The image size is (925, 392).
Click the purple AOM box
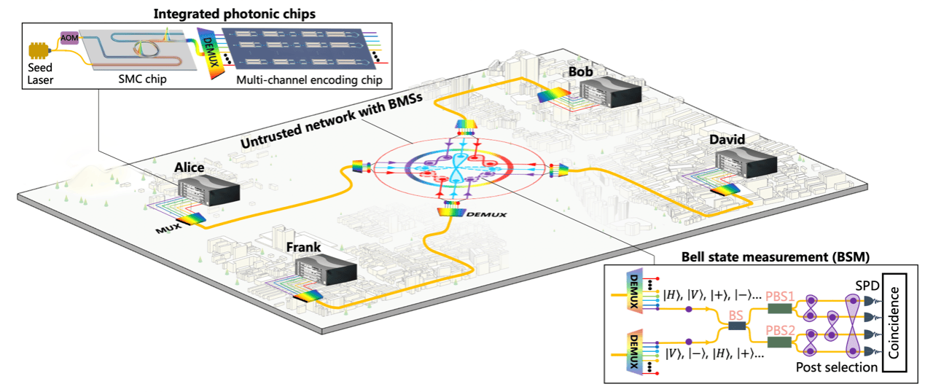pyautogui.click(x=69, y=38)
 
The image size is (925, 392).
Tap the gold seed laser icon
pyautogui.click(x=39, y=51)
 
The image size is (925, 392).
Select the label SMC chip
pyautogui.click(x=142, y=79)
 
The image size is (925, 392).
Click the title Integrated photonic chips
pyautogui.click(x=234, y=14)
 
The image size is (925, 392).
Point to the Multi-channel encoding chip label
pyautogui.click(x=309, y=79)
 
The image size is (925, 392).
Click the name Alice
pyautogui.click(x=189, y=167)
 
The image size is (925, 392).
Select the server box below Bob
pyautogui.click(x=610, y=93)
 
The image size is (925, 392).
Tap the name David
pyautogui.click(x=727, y=139)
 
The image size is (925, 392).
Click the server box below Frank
pyautogui.click(x=327, y=270)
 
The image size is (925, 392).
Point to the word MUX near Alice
pyautogui.click(x=168, y=229)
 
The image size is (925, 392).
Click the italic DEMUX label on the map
pyautogui.click(x=486, y=214)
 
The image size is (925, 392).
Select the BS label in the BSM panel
pyautogui.click(x=735, y=315)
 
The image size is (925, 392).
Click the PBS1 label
pyautogui.click(x=780, y=297)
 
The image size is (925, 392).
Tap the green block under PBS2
pyautogui.click(x=780, y=342)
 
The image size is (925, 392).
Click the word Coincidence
pyautogui.click(x=894, y=323)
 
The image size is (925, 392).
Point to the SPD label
pyautogui.click(x=867, y=286)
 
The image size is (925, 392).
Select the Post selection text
pyautogui.click(x=836, y=366)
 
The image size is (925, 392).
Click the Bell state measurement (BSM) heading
pyautogui.click(x=776, y=256)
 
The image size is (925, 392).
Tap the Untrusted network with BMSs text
pyautogui.click(x=332, y=120)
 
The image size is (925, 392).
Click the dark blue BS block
pyautogui.click(x=737, y=326)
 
